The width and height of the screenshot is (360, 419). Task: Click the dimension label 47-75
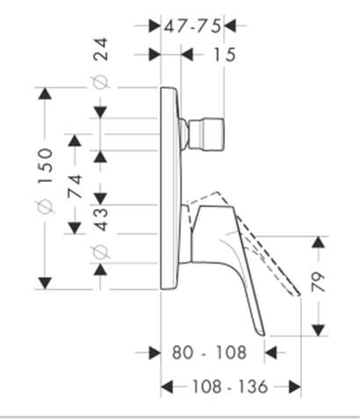tap(192, 27)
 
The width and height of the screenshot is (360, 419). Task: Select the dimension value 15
tap(225, 54)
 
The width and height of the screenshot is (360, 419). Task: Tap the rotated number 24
tap(101, 49)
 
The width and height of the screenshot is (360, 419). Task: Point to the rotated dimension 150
tap(46, 166)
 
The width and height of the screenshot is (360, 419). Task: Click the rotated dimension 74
tap(75, 186)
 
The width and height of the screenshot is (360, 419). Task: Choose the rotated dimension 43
tap(101, 220)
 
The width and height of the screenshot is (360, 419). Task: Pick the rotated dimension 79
tap(319, 282)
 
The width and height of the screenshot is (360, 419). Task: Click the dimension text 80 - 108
tap(209, 352)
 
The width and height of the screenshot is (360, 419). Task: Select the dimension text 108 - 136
tap(230, 386)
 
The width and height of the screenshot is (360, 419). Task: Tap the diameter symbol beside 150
tap(46, 206)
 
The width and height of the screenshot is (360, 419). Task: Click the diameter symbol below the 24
tap(101, 83)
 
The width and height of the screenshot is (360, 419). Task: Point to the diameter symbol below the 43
tap(101, 251)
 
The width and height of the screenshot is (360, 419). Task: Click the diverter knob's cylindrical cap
tap(207, 134)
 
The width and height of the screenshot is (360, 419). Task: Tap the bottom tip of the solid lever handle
tap(263, 335)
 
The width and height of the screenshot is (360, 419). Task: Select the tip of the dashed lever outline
tap(299, 294)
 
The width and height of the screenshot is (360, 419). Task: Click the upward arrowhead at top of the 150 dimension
tap(45, 94)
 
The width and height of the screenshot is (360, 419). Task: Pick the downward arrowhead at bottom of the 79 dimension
tap(319, 330)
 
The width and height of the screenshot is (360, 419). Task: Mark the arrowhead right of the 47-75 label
tap(230, 25)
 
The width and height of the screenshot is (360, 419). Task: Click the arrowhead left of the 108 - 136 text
tap(167, 386)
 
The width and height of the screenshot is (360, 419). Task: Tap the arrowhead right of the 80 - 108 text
tap(270, 352)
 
